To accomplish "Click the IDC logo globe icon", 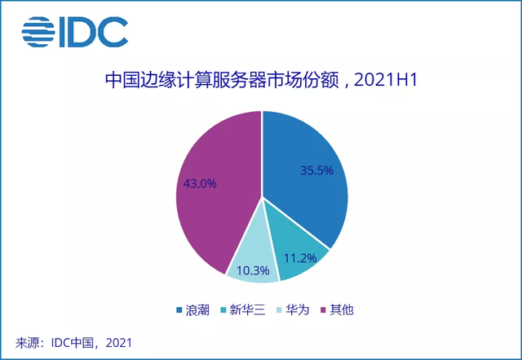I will [x=37, y=33].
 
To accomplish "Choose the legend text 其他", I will [x=343, y=310].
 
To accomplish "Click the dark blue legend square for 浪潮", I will [x=179, y=310].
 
